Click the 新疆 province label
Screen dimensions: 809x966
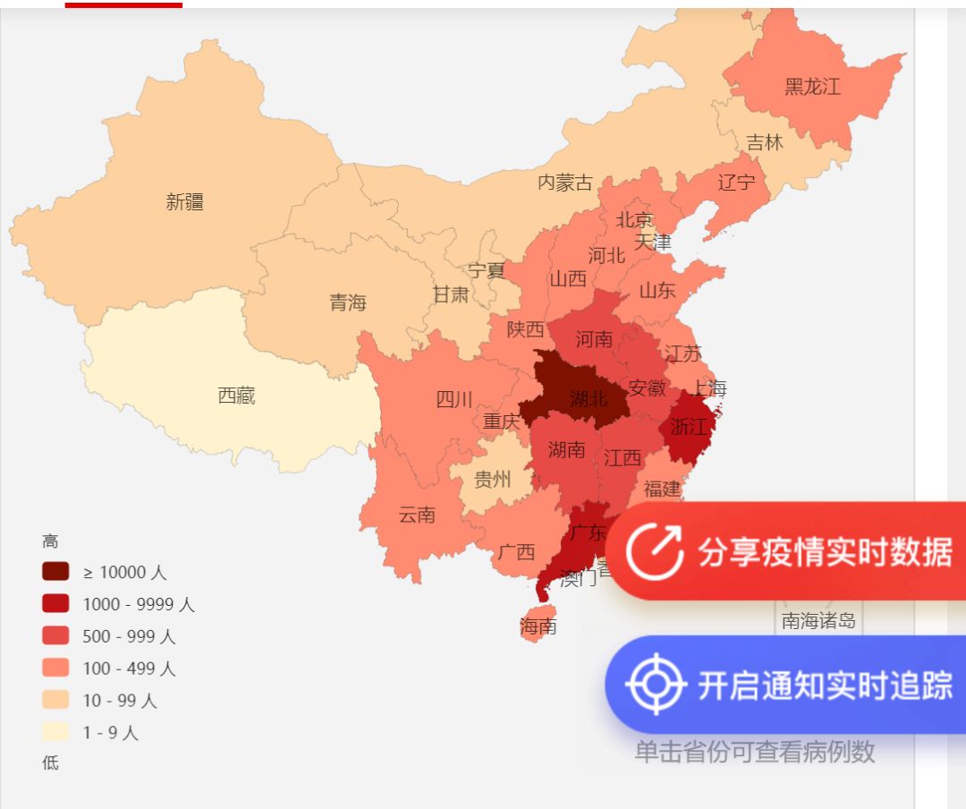(185, 202)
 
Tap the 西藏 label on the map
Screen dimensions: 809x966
(237, 396)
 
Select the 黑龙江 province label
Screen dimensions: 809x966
(813, 87)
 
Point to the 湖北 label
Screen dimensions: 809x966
(588, 399)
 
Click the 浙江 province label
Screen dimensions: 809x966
(688, 427)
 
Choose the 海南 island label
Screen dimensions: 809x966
(538, 626)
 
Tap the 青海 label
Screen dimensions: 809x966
(348, 302)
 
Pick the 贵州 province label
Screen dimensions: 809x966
(492, 481)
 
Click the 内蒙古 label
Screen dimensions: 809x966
(565, 183)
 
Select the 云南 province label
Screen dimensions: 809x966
(417, 515)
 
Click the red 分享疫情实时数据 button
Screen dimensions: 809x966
(787, 552)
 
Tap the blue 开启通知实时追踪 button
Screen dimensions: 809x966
(787, 686)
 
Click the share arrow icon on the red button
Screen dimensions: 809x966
(655, 552)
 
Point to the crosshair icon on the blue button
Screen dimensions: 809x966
(656, 686)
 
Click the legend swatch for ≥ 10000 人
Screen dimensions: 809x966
(55, 572)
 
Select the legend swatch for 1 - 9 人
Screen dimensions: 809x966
(55, 732)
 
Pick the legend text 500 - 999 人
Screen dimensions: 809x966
(130, 636)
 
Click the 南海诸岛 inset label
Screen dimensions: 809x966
(818, 621)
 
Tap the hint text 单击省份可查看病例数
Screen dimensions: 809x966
(755, 752)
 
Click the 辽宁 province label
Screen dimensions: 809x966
(736, 183)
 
